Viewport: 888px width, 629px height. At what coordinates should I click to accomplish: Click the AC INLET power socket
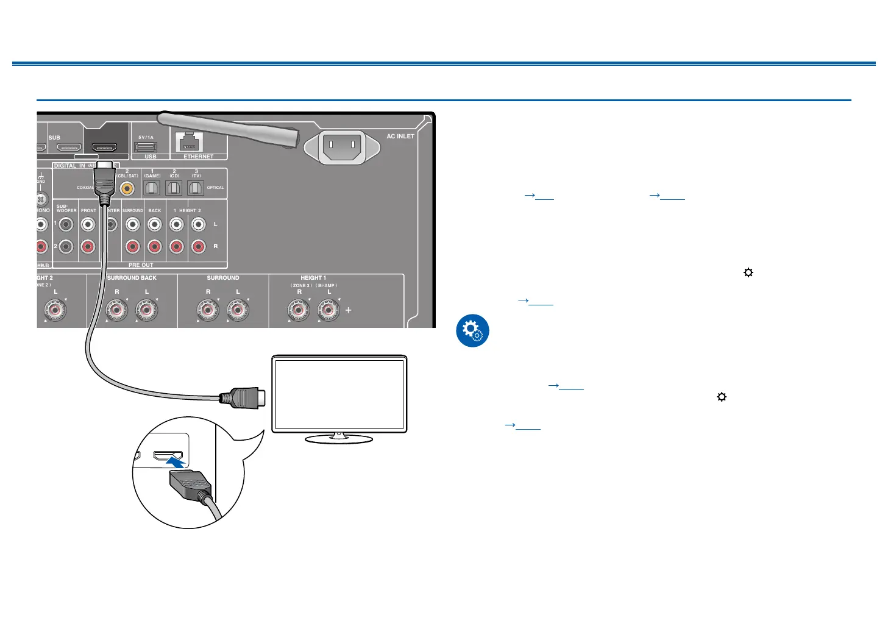coord(341,146)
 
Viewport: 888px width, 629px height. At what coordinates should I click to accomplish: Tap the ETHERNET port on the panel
coord(190,143)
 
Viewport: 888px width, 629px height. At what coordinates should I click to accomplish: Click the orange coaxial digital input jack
coord(127,189)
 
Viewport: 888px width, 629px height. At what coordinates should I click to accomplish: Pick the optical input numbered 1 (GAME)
coord(152,188)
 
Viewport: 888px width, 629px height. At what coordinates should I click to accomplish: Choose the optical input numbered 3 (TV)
coord(196,188)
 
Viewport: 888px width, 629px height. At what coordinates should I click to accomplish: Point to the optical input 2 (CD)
coord(174,188)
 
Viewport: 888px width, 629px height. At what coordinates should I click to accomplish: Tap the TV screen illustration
coord(339,394)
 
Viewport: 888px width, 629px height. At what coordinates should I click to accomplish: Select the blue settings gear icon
coord(472,331)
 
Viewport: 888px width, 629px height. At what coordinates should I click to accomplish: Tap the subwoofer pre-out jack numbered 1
coord(66,224)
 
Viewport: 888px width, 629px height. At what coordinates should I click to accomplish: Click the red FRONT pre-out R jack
coord(88,247)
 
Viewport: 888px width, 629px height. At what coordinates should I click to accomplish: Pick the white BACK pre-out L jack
coord(155,224)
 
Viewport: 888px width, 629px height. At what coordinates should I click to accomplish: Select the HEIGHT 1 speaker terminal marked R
coord(299,310)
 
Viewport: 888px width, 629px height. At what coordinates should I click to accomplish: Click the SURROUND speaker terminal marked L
coord(238,310)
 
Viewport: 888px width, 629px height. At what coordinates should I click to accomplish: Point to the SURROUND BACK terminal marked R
coord(117,310)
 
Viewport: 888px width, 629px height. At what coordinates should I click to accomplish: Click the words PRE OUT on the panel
coord(141,265)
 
